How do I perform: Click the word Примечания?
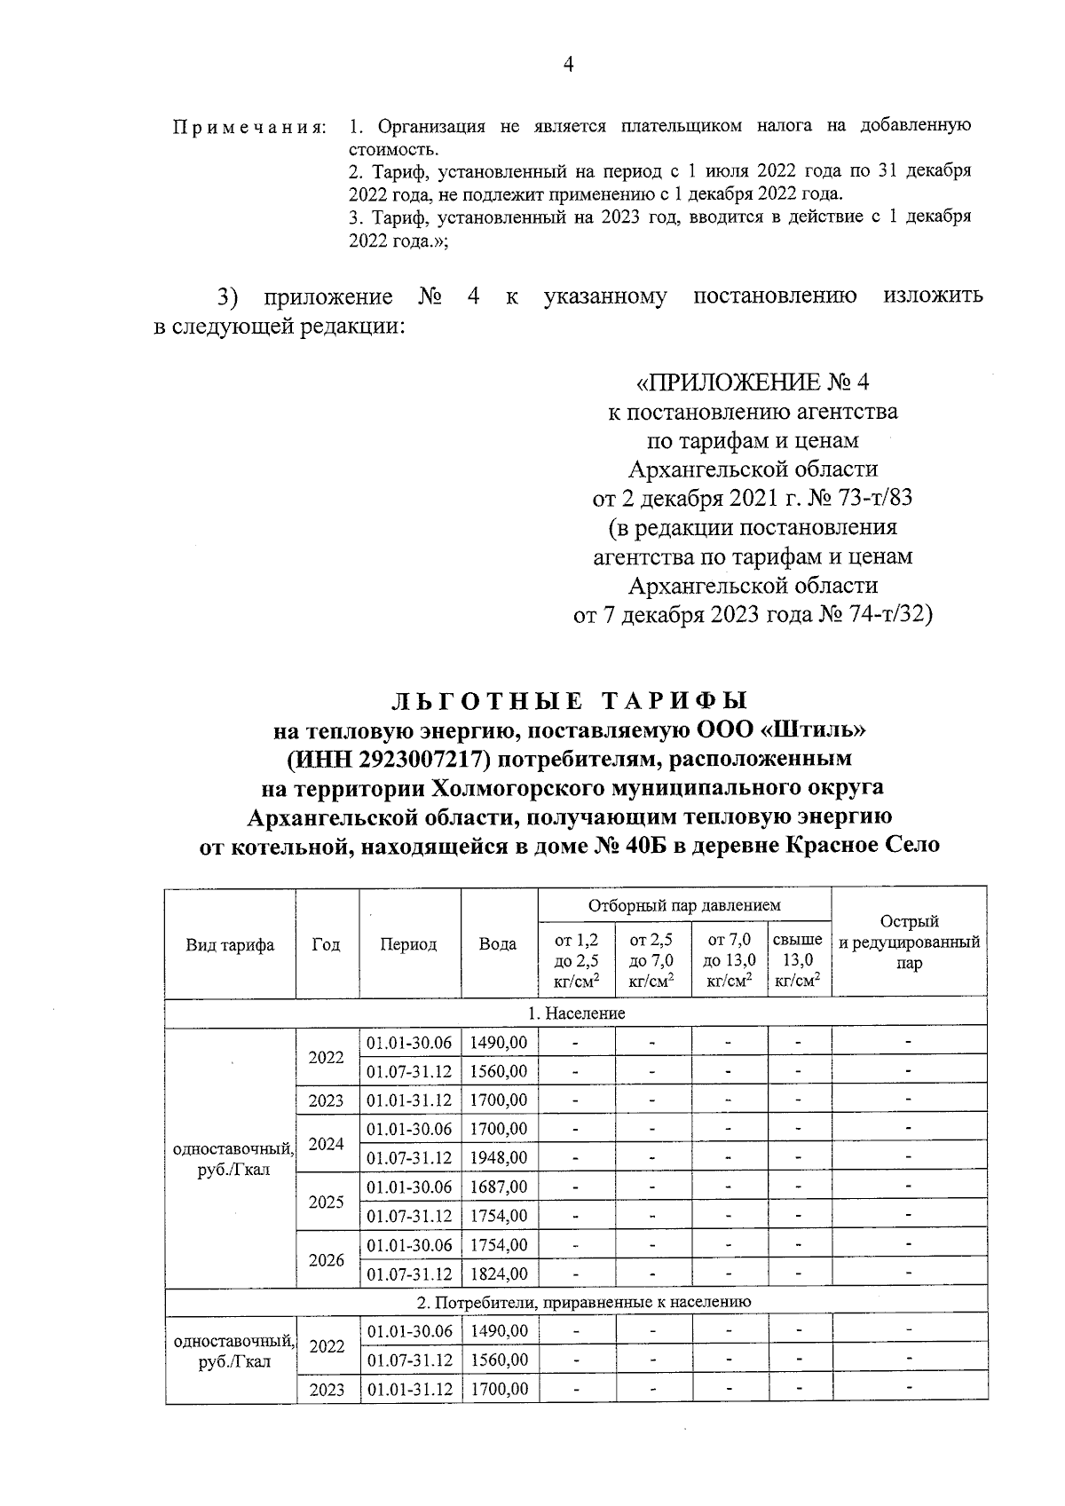[249, 127]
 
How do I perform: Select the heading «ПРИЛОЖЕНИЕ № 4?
[753, 382]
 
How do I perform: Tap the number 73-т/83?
[864, 498]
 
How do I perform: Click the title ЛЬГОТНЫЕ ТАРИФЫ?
[569, 701]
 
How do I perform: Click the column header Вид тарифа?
[230, 944]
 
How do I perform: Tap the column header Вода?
[498, 944]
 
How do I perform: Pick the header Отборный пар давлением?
[684, 905]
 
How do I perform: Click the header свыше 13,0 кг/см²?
[798, 959]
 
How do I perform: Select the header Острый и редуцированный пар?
[909, 942]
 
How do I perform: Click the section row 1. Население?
[577, 1013]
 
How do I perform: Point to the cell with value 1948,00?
[499, 1158]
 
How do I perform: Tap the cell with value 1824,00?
[499, 1274]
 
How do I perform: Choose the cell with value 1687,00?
[499, 1187]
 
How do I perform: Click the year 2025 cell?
[327, 1202]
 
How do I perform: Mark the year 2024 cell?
[327, 1144]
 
